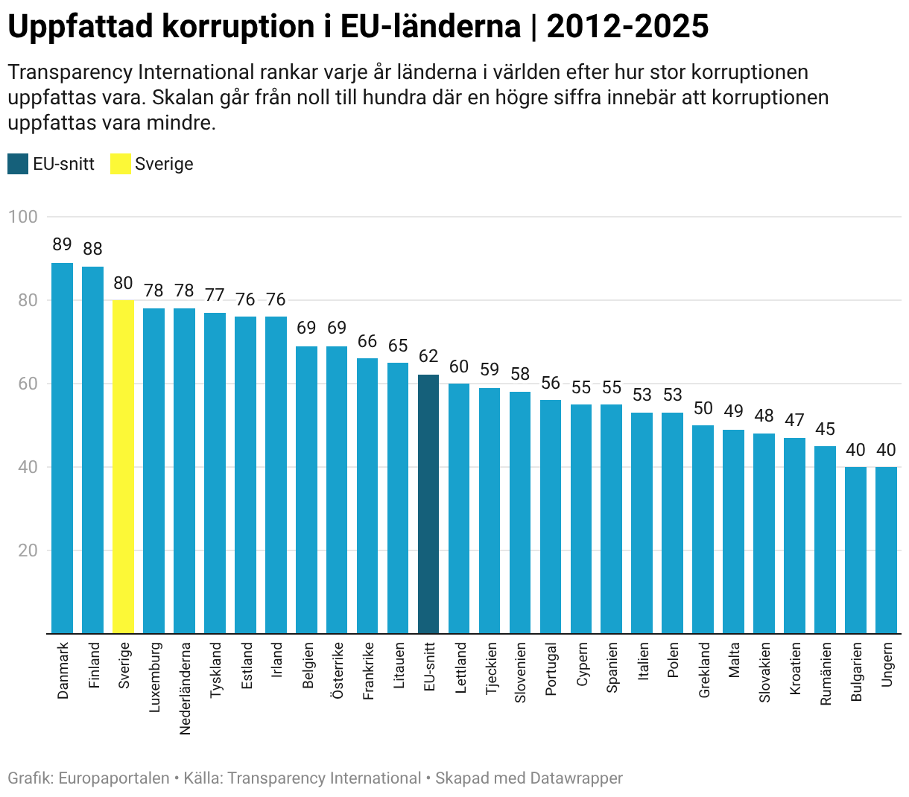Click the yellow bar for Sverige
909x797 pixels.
123,467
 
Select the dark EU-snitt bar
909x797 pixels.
428,504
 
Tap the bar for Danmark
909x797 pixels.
62,448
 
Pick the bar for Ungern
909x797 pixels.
886,550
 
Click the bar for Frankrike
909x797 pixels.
367,496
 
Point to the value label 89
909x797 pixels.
62,245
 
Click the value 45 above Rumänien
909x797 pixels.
825,429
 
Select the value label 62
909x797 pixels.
428,357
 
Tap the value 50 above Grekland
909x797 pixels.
703,408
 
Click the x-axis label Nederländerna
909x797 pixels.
185,688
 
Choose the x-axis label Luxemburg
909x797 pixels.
154,677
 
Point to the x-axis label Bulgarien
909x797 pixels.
856,672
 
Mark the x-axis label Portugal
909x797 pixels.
551,669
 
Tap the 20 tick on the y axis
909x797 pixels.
28,550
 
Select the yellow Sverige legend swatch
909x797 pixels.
121,164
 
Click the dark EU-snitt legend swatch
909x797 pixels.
18,164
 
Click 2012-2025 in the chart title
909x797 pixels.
627,28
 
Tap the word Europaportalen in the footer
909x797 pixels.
113,778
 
